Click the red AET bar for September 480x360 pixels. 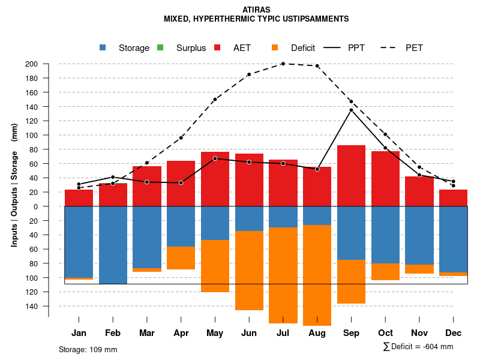click(351, 176)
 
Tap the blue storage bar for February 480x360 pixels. click(113, 245)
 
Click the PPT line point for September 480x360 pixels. click(351, 110)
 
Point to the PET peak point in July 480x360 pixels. click(283, 64)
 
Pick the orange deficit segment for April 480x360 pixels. click(181, 258)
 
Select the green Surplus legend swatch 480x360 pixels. click(160, 48)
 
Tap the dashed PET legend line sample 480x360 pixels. click(391, 48)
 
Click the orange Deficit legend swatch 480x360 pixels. click(275, 48)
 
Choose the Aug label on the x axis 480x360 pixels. click(317, 333)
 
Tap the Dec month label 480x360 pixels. click(453, 333)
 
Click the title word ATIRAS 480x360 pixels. click(256, 10)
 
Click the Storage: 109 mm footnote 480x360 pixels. click(88, 349)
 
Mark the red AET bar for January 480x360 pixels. click(79, 198)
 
